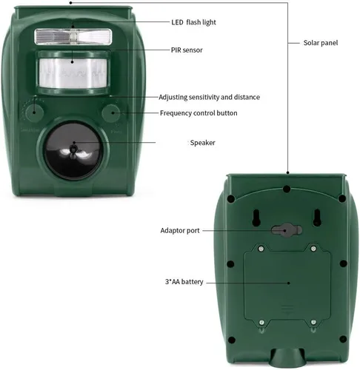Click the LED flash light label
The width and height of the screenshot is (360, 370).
(193, 22)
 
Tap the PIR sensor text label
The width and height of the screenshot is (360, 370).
(187, 50)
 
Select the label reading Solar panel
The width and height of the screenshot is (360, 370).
(321, 43)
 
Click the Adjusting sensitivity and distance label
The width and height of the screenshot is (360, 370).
(209, 97)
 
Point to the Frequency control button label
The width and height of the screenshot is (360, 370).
(199, 113)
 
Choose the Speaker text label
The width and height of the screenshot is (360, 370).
(202, 143)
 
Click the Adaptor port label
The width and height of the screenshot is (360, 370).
(180, 231)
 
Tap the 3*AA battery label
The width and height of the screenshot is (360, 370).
(184, 282)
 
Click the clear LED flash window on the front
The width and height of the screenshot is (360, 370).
(73, 37)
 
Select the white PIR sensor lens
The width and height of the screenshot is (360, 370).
(73, 73)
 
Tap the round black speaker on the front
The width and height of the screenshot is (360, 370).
(73, 150)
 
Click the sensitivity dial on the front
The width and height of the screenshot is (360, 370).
(34, 113)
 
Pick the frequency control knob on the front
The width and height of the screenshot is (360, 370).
(111, 113)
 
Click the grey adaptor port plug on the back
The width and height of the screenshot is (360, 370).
(287, 230)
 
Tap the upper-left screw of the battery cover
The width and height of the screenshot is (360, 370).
(261, 249)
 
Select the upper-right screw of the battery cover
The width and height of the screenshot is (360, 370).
(313, 249)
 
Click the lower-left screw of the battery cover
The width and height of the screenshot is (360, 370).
(261, 323)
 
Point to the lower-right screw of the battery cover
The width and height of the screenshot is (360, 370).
(313, 322)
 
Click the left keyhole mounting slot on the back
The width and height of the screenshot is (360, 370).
(256, 218)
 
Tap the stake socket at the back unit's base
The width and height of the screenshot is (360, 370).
(287, 357)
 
